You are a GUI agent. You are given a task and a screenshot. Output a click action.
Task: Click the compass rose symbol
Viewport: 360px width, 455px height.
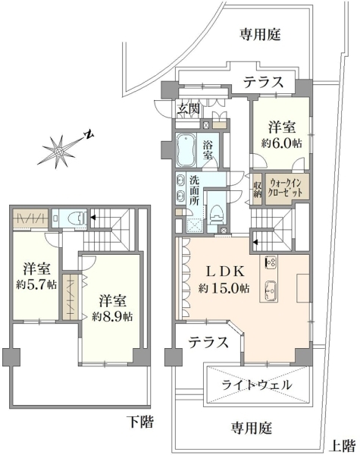coord(60,152)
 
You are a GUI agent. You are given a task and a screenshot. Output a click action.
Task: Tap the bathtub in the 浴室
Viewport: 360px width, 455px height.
coord(186,149)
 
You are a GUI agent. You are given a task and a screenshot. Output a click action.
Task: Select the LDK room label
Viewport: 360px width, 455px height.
coord(225,271)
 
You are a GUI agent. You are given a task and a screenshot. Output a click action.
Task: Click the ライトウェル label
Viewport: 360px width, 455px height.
coord(257,385)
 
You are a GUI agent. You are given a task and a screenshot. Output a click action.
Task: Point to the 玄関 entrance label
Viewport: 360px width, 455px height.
coord(189,108)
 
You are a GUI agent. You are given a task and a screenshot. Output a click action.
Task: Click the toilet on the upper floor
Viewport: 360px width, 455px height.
coord(216,215)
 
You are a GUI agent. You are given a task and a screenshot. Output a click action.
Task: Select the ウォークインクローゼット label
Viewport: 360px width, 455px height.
coord(286,188)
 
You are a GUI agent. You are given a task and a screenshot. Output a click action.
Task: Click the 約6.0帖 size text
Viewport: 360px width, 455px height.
coord(281,143)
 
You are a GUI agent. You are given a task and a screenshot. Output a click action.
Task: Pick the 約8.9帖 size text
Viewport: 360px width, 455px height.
coord(113,316)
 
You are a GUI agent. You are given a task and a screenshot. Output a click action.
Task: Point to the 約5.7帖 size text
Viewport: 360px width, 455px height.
coord(36,284)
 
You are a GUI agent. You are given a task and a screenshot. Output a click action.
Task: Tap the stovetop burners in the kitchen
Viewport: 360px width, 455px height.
coord(271,262)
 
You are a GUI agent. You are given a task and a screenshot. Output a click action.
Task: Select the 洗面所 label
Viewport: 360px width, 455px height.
coord(195,190)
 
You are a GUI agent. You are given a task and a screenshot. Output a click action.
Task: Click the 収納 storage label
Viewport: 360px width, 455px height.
coord(258,190)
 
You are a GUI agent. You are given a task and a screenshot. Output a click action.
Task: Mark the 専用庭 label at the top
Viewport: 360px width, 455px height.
coord(260,35)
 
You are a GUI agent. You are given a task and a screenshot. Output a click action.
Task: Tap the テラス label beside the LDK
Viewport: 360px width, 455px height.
coord(208,343)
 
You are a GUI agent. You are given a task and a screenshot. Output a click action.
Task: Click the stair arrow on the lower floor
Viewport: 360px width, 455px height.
coord(92,217)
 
